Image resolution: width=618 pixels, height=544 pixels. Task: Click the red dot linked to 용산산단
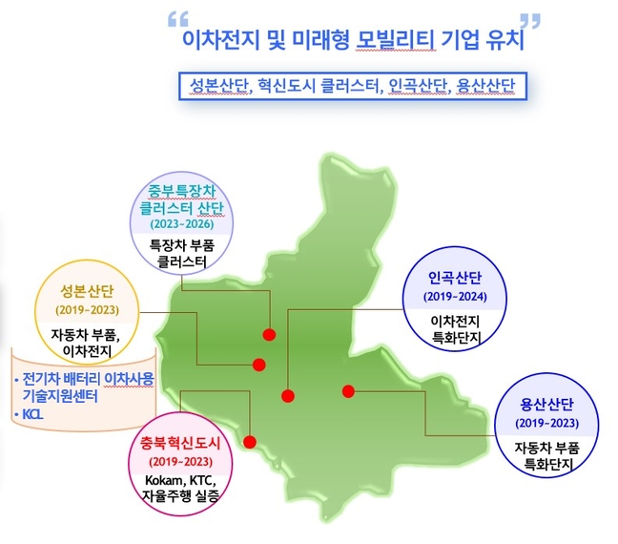tap(348, 391)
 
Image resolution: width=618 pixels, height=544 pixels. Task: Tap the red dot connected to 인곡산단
tap(288, 395)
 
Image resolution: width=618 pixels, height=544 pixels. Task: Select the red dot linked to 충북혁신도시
tap(250, 442)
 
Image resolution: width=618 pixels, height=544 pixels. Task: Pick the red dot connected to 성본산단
tap(259, 365)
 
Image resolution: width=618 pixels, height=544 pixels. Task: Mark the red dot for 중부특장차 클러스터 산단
tap(269, 335)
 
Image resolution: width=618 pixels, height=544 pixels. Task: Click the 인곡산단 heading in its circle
tap(455, 278)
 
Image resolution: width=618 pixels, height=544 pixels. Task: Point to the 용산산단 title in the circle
tap(546, 405)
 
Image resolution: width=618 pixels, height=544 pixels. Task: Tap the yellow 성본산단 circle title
tap(87, 291)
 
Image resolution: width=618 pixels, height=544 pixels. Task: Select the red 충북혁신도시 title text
tap(180, 444)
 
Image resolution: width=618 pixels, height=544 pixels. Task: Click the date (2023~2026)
tap(182, 224)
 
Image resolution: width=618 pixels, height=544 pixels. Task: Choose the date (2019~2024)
tap(455, 296)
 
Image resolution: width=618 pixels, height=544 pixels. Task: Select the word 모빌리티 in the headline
tap(396, 40)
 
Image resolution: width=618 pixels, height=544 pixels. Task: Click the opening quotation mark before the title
tap(178, 19)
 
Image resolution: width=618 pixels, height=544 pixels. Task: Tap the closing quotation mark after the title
tap(529, 21)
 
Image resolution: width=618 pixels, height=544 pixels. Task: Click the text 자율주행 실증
tap(180, 496)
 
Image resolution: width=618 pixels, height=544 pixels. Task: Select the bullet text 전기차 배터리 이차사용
tap(88, 379)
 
